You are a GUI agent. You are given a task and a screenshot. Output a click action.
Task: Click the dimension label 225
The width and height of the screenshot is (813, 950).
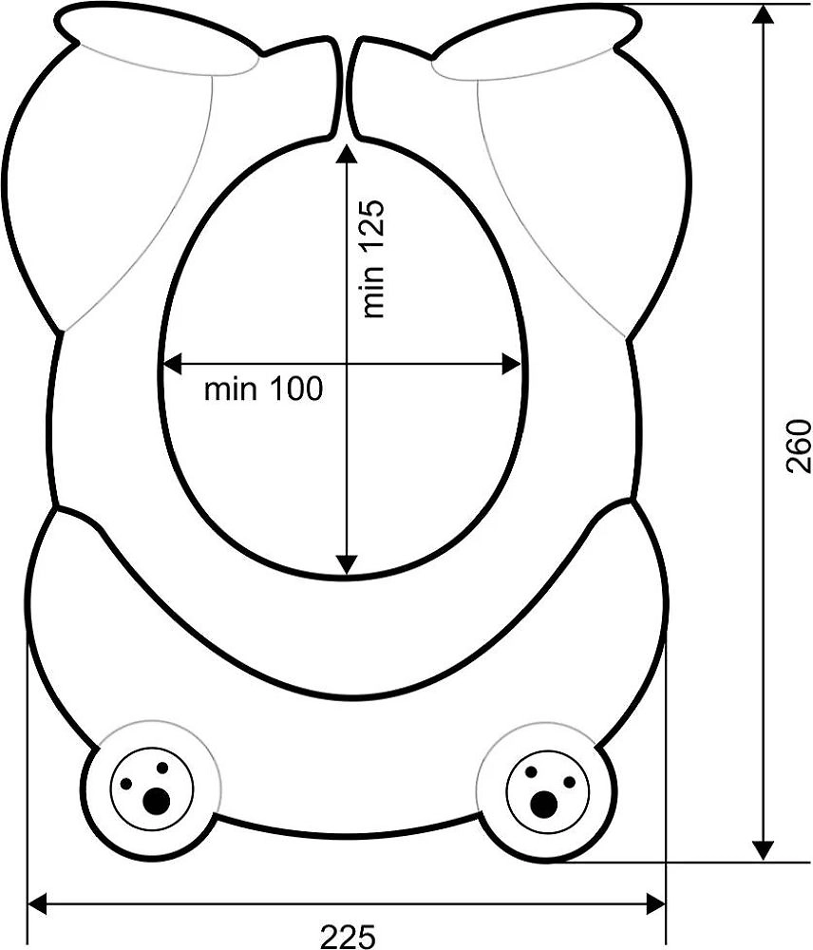[348, 937]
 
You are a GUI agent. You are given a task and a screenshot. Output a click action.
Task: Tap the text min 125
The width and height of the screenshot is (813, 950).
[372, 258]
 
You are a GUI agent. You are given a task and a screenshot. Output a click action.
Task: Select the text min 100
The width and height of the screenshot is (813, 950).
[263, 389]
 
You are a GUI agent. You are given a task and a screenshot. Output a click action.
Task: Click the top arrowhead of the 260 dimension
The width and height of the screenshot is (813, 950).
[764, 14]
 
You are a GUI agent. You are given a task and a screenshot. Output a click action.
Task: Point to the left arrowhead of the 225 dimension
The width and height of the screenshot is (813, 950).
[38, 904]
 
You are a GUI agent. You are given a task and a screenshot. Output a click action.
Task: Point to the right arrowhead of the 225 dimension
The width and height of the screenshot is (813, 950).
[655, 904]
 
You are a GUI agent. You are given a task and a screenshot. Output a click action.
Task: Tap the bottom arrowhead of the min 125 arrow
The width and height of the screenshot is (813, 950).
[346, 564]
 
